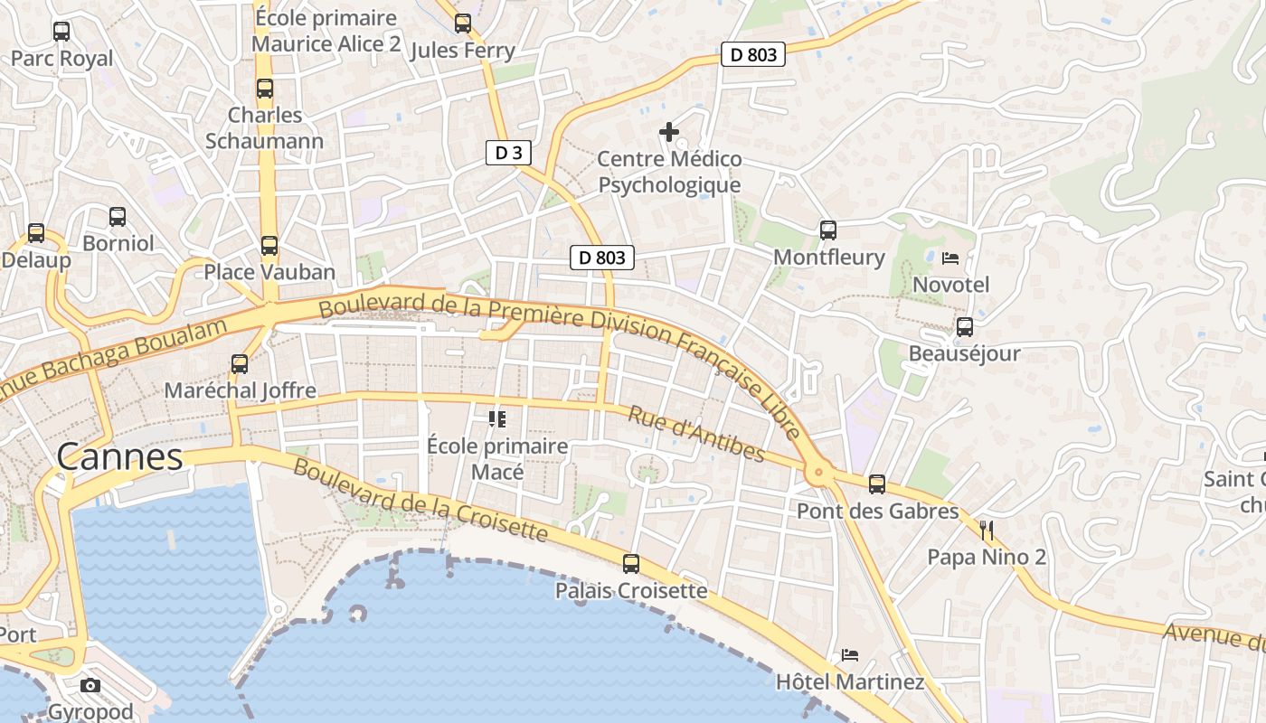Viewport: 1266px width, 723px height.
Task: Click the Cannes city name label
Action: point(119,456)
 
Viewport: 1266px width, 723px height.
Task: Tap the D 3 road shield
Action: point(508,153)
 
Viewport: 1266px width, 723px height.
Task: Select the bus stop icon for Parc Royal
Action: point(61,32)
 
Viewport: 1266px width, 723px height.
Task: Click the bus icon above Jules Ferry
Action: point(463,23)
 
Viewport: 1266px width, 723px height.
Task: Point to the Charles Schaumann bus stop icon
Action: point(265,89)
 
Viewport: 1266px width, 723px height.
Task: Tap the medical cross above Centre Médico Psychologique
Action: point(669,133)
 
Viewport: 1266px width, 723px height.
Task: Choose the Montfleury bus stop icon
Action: point(828,230)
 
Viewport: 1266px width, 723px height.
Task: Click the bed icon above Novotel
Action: point(950,258)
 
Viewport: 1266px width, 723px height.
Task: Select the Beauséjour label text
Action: point(964,353)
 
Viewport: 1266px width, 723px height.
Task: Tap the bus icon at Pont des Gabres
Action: point(877,484)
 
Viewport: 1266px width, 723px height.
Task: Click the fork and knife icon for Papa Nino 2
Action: point(987,530)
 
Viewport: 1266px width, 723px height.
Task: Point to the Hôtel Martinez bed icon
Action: point(850,655)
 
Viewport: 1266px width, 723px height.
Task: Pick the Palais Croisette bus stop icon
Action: point(631,564)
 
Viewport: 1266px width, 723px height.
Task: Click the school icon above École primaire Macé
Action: point(496,418)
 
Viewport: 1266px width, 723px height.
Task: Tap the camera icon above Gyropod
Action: point(90,685)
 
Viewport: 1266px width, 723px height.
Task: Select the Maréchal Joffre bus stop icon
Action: point(240,364)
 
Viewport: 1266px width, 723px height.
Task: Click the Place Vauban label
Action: point(269,272)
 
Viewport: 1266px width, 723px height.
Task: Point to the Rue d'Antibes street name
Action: point(696,434)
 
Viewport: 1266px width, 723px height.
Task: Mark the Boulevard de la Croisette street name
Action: point(420,502)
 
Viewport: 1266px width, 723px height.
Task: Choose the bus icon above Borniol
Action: point(118,217)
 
